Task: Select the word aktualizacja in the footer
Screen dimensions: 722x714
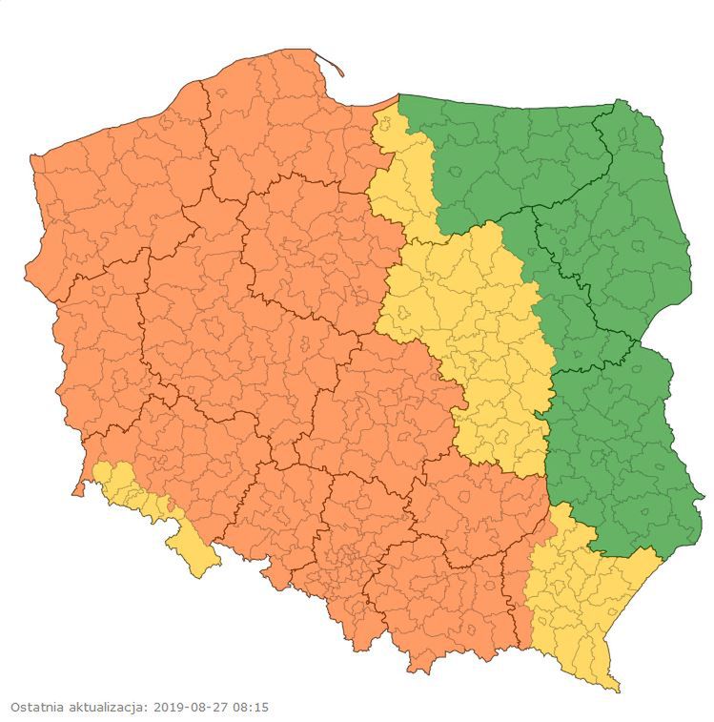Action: pos(107,708)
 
